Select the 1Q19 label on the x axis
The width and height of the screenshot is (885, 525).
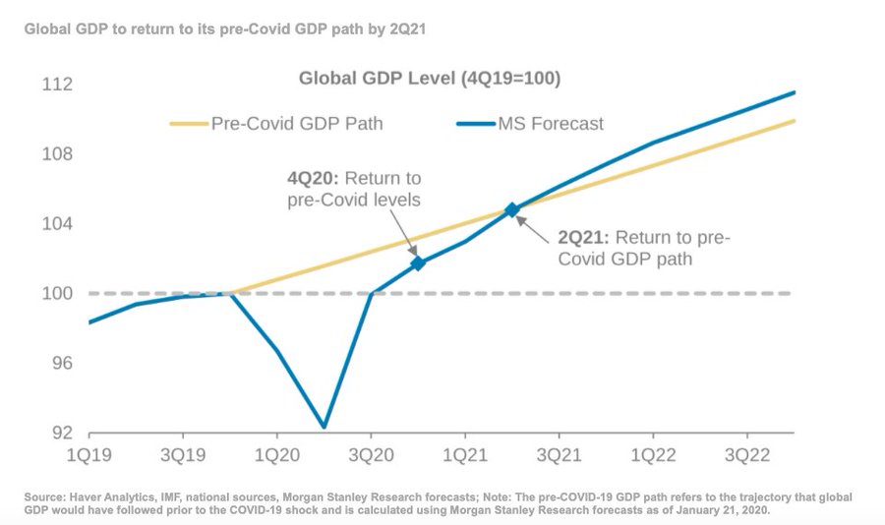88,457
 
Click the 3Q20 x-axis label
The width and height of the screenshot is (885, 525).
371,457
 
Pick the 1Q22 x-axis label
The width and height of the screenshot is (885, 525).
652,457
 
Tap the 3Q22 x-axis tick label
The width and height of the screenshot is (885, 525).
746,457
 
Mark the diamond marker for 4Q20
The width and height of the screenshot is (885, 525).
418,262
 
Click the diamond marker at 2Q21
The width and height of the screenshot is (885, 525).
511,209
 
